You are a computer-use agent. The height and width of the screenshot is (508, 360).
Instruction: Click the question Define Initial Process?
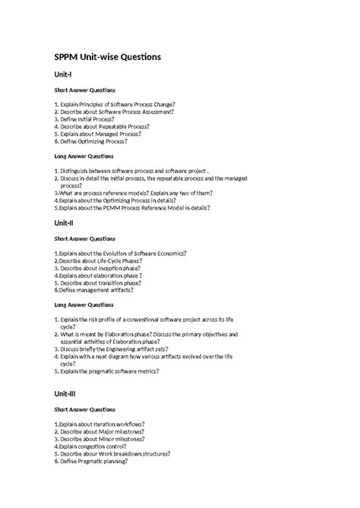(86, 119)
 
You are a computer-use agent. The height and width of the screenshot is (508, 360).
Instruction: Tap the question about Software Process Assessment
(114, 111)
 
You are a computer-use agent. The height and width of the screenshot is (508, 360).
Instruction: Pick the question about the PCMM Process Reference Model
(133, 207)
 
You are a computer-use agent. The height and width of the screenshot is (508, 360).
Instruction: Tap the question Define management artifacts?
(94, 289)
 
